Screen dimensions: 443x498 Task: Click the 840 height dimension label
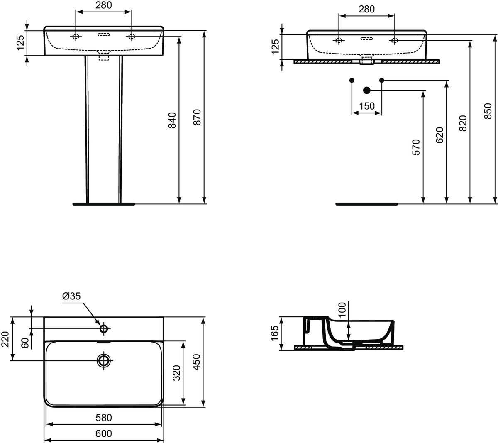pyautogui.click(x=173, y=120)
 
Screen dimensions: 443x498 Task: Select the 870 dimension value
pyautogui.click(x=198, y=117)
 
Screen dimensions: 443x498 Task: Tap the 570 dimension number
pyautogui.click(x=416, y=147)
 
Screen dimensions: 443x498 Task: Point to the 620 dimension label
pyautogui.click(x=440, y=135)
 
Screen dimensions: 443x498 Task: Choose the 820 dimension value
pyautogui.click(x=464, y=123)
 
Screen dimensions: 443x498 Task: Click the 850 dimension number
pyautogui.click(x=488, y=111)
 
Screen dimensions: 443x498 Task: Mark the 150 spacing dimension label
pyautogui.click(x=367, y=106)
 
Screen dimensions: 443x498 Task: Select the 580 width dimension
pyautogui.click(x=103, y=417)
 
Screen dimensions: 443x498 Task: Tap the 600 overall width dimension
pyautogui.click(x=103, y=434)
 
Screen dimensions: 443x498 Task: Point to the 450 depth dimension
pyautogui.click(x=197, y=362)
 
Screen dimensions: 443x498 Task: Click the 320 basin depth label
pyautogui.click(x=176, y=373)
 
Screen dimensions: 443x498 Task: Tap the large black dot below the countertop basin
pyautogui.click(x=366, y=90)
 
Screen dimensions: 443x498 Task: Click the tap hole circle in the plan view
pyautogui.click(x=104, y=329)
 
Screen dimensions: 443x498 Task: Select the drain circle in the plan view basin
pyautogui.click(x=103, y=360)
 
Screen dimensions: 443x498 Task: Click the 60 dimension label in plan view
pyautogui.click(x=25, y=343)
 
